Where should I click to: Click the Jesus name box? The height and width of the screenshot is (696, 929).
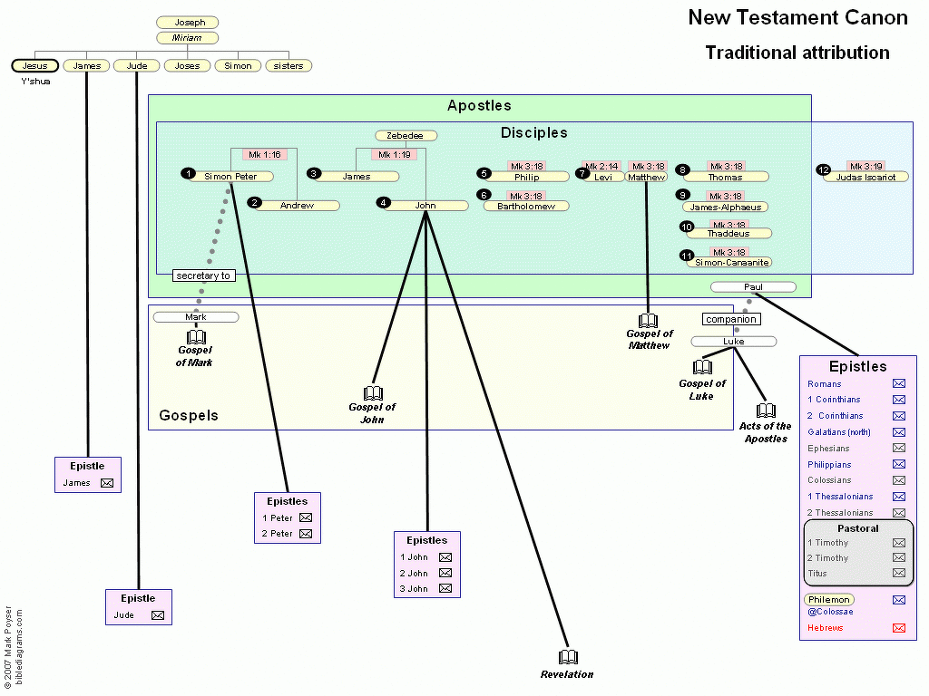[35, 65]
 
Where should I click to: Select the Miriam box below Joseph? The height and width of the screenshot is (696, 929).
[187, 38]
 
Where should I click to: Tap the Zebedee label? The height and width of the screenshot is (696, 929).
[406, 136]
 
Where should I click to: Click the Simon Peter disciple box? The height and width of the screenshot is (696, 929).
[230, 177]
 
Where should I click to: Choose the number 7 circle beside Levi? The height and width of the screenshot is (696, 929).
[582, 173]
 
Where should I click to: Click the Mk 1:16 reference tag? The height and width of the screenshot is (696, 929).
[265, 155]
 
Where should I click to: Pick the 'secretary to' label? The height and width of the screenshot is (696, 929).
[203, 275]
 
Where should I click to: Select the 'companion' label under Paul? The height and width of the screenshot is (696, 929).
[730, 320]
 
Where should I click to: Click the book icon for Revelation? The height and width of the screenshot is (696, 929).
[568, 658]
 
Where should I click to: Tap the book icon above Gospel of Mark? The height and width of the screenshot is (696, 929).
[196, 337]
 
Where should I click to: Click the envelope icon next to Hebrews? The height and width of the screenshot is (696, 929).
[899, 628]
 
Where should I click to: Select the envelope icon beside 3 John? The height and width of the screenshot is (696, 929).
[445, 589]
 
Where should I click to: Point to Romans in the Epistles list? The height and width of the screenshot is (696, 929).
[825, 384]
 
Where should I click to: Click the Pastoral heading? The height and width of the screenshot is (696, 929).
[857, 528]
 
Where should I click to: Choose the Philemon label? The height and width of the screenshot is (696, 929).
[828, 600]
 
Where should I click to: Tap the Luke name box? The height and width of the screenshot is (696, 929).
[733, 342]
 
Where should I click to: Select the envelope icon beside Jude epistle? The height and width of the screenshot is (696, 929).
[158, 615]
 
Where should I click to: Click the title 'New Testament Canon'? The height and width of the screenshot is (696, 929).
[797, 17]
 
